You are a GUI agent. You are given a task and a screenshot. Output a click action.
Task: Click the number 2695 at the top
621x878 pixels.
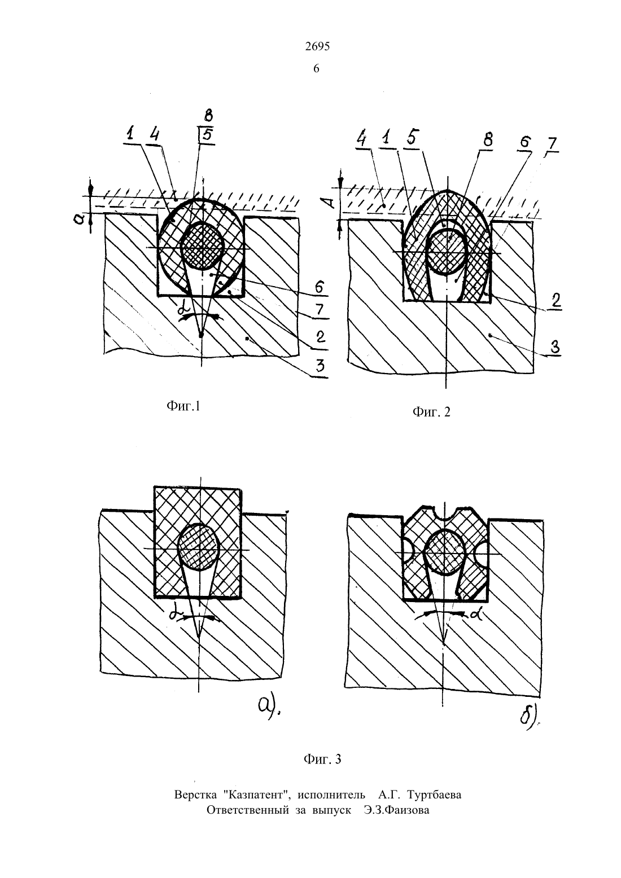click(x=317, y=47)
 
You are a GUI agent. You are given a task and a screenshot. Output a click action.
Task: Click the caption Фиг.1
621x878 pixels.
click(x=183, y=406)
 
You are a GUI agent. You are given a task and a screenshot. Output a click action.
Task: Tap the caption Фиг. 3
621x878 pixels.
click(x=322, y=760)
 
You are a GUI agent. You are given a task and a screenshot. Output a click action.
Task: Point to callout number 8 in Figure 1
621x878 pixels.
click(x=208, y=116)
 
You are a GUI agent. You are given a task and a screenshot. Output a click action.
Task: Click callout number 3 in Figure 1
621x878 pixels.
click(x=320, y=367)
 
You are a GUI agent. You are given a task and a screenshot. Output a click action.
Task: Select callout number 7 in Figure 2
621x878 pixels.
click(x=552, y=144)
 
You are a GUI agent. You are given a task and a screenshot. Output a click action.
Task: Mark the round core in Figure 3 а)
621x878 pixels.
click(x=198, y=547)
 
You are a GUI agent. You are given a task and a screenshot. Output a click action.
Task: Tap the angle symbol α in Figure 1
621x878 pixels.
click(x=182, y=311)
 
